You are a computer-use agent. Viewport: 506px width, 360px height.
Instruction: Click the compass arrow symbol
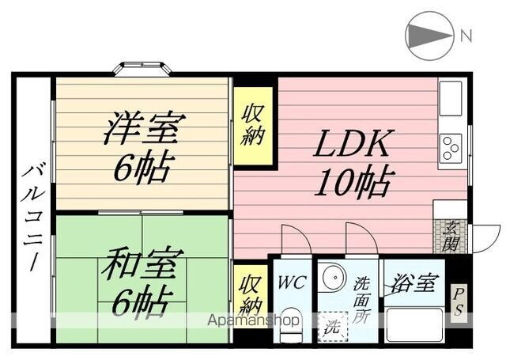coord(427,35)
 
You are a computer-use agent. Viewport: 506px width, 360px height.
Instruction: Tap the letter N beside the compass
coord(466,35)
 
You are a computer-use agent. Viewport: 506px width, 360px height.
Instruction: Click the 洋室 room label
coord(145,127)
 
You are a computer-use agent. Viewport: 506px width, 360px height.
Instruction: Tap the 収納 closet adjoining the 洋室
coord(253,125)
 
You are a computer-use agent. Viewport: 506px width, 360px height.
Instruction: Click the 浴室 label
coord(413,282)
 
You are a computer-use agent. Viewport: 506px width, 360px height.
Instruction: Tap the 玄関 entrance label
coord(450,235)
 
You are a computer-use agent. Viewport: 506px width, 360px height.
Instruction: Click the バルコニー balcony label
coord(32,218)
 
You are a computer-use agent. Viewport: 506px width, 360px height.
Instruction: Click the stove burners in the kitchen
coord(451,145)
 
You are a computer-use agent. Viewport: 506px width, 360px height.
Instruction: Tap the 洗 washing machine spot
coord(331,325)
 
